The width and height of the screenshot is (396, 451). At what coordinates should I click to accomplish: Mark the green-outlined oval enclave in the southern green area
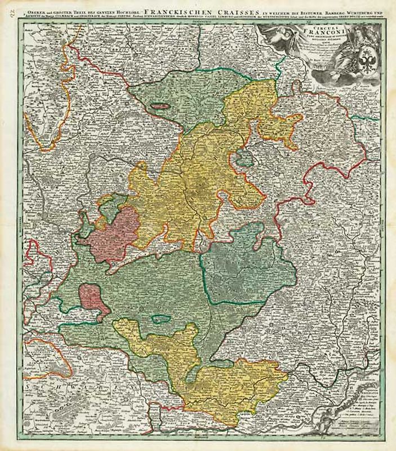pyautogui.click(x=161, y=319)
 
